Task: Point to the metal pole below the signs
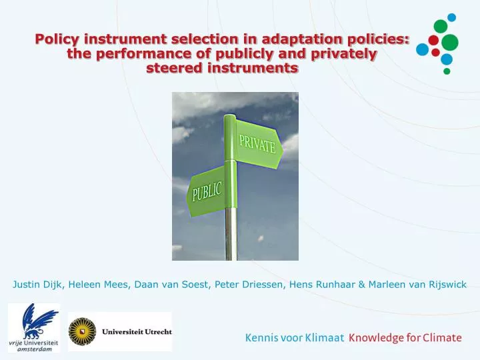click(231, 233)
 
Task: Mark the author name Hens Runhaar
click(323, 285)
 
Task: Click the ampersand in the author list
click(362, 285)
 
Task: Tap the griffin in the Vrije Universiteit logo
click(32, 319)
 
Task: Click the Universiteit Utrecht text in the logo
click(137, 331)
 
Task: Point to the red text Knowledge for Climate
click(405, 337)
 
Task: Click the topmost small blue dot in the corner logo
click(451, 17)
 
